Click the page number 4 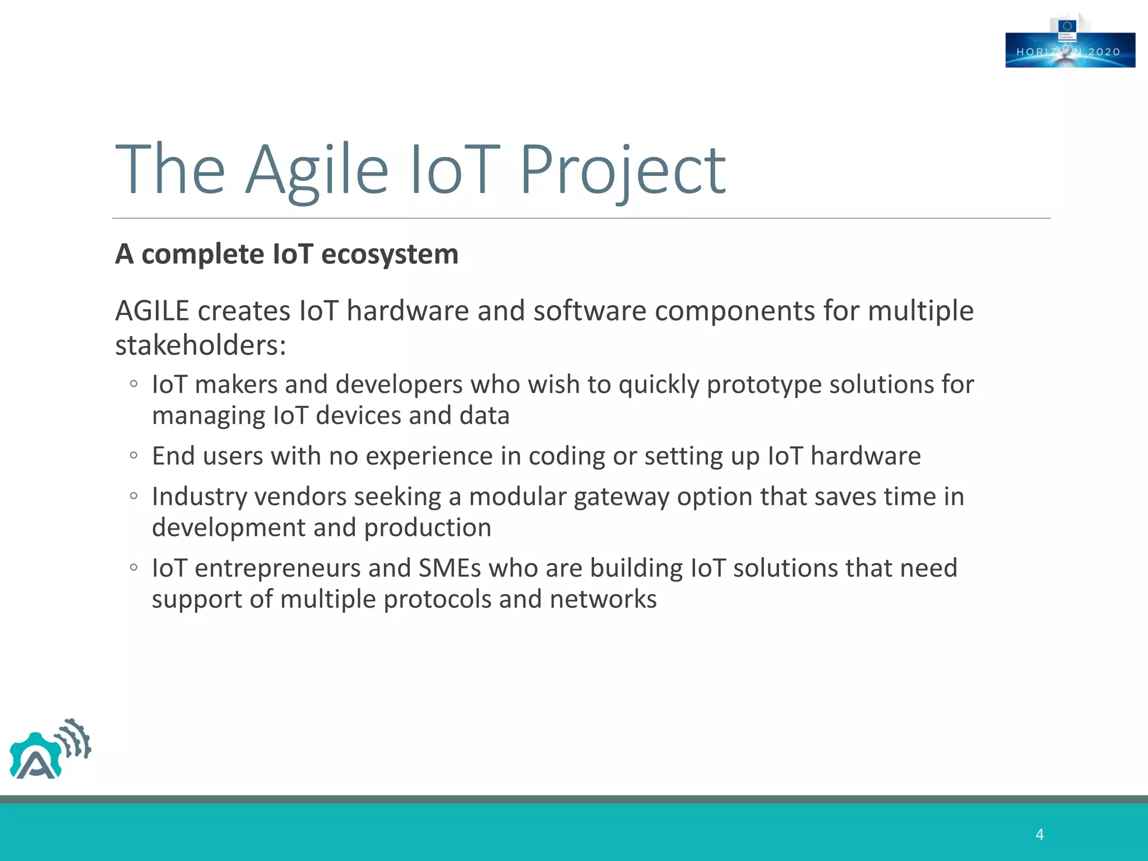(x=1039, y=835)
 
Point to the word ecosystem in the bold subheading (x=390, y=254)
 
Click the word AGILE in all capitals (x=152, y=311)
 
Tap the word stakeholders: (x=200, y=345)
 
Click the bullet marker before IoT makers (x=133, y=384)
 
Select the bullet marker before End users (x=133, y=456)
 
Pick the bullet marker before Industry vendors (x=133, y=496)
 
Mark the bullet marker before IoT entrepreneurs (x=133, y=568)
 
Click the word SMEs (x=450, y=568)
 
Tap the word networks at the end (x=603, y=600)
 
